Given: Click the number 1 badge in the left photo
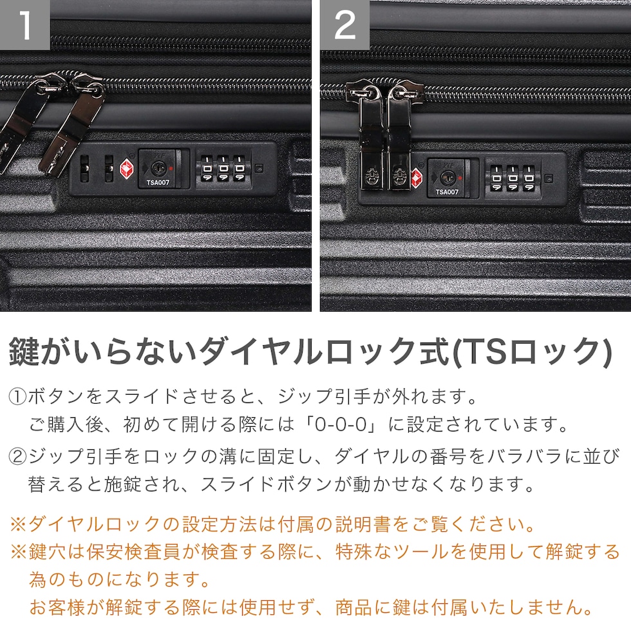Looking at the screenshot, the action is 24,25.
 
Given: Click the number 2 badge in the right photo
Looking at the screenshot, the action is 345,25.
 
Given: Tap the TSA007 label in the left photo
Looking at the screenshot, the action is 158,182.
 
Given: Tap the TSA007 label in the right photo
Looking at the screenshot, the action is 447,192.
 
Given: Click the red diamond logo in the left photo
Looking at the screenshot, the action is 128,169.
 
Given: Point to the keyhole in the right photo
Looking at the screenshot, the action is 447,177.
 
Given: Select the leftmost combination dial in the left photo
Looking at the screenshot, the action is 207,169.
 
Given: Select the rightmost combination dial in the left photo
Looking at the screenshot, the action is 239,169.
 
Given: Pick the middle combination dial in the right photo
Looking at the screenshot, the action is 513,178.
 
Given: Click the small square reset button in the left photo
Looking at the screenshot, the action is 259,169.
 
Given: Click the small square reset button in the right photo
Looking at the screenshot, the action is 549,178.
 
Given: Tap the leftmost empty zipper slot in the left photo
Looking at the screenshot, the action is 84,169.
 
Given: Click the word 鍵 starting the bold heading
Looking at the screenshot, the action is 24,352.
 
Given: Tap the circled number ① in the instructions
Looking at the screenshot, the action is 18,397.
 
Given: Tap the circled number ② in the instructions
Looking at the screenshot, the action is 18,457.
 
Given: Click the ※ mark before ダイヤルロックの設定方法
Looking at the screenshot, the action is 19,524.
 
